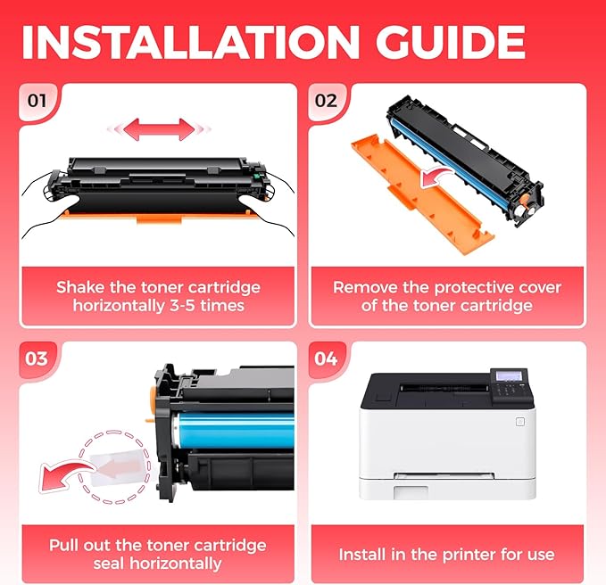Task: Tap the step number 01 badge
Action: pyautogui.click(x=37, y=100)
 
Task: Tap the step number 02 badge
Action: pyautogui.click(x=327, y=100)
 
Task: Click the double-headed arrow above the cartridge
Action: pyautogui.click(x=159, y=128)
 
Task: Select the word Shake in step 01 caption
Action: pyautogui.click(x=81, y=287)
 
